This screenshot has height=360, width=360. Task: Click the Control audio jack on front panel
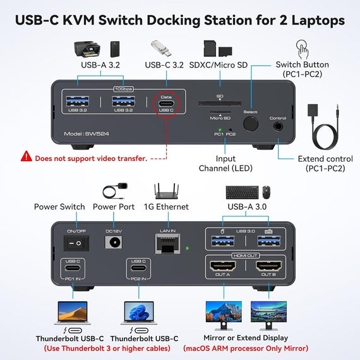[x=278, y=126]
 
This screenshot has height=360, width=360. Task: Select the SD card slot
[x=220, y=102]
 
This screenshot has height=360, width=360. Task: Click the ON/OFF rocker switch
[x=76, y=242]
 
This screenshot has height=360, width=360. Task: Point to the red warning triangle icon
[x=26, y=155]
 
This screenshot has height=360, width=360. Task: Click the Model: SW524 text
[x=87, y=134]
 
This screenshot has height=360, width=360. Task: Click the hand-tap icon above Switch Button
[x=303, y=49]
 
